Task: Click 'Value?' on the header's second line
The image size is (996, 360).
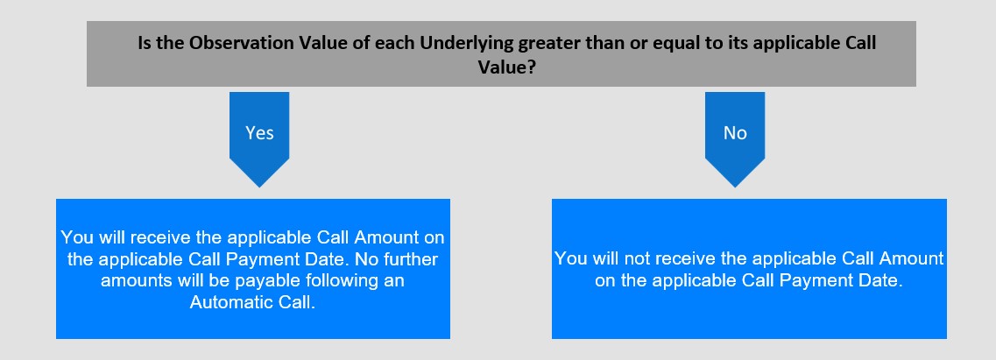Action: [506, 67]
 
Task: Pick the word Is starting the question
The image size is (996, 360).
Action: [145, 43]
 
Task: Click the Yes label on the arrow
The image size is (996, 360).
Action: [259, 132]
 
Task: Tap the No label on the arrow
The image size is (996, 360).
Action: [735, 132]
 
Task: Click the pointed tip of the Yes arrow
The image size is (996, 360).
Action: [259, 187]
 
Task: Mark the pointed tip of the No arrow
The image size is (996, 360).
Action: [735, 187]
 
